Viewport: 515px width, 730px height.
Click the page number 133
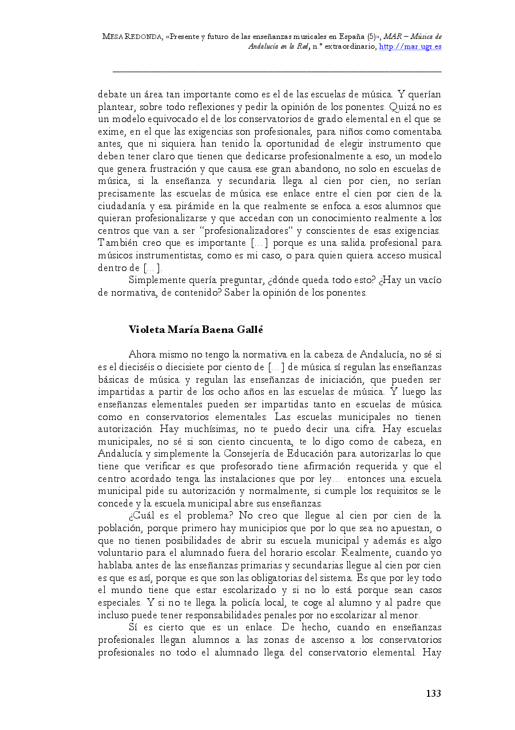[433, 694]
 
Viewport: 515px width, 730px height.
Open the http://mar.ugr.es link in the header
[410, 46]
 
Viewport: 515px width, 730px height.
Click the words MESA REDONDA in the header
[132, 36]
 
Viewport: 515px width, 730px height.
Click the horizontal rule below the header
[277, 72]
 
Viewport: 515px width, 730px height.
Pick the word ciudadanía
[124, 206]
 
